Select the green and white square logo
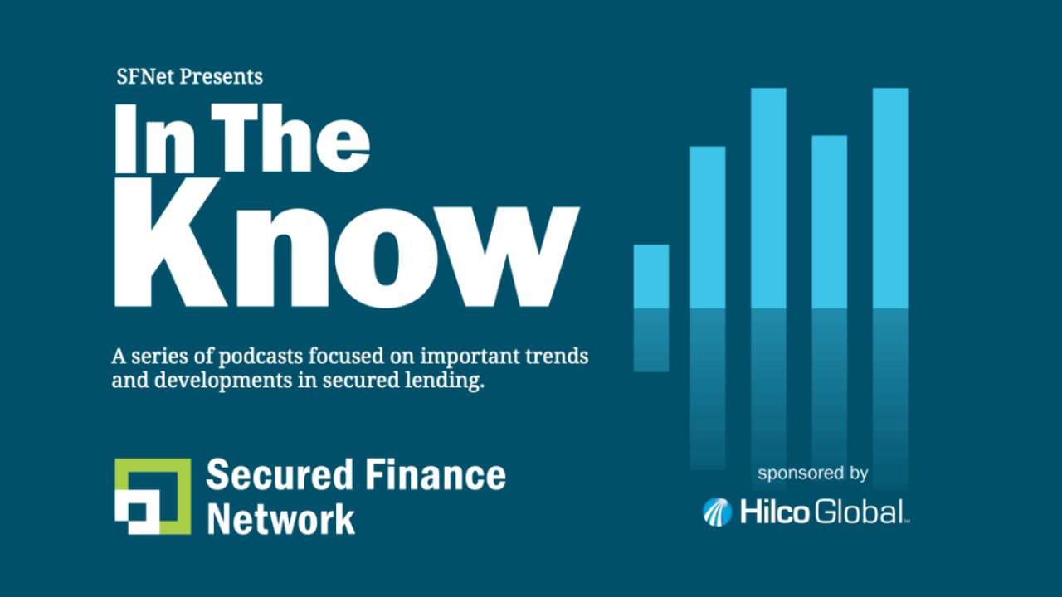click(153, 496)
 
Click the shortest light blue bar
click(651, 276)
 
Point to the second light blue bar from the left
click(708, 227)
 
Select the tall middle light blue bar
click(768, 198)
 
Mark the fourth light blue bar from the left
click(829, 221)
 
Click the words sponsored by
click(812, 473)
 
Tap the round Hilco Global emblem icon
click(717, 512)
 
